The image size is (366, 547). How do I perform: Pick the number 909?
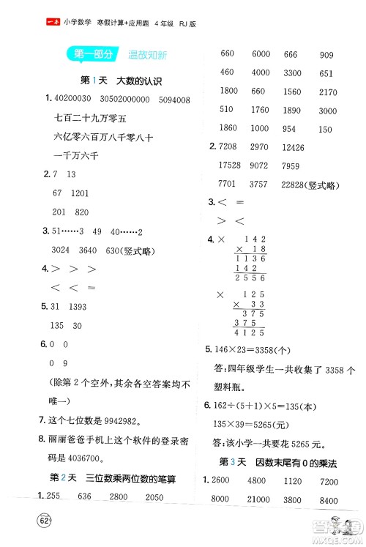click(326, 54)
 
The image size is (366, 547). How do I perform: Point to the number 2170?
click(329, 92)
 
